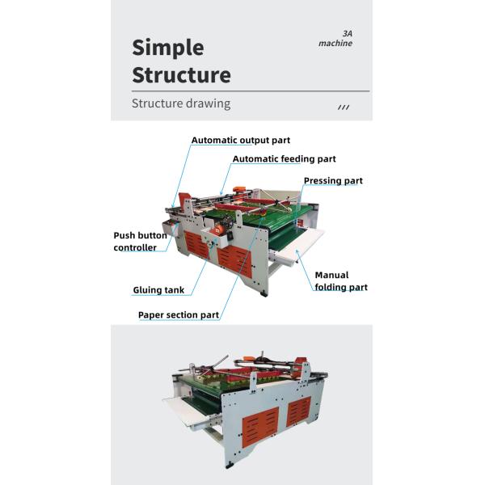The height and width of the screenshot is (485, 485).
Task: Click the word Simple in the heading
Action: [x=168, y=47]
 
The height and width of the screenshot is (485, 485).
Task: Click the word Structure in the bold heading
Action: [x=181, y=76]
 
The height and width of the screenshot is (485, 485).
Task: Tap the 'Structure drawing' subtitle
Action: [x=181, y=103]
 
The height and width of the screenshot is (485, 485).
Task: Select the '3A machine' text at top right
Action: [x=336, y=38]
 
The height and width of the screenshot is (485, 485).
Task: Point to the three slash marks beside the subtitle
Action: [x=343, y=106]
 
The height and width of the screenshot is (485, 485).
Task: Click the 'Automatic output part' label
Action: [x=240, y=141]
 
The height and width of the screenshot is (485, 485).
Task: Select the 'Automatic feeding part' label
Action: [x=284, y=159]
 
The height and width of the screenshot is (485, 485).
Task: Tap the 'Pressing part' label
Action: [x=333, y=180]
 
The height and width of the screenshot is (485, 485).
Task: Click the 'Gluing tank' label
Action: [x=158, y=289]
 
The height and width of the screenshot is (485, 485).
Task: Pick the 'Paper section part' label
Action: [x=178, y=314]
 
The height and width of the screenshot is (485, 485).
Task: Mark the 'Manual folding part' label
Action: [x=340, y=281]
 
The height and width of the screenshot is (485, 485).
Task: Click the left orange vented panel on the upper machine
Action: [x=195, y=243]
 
